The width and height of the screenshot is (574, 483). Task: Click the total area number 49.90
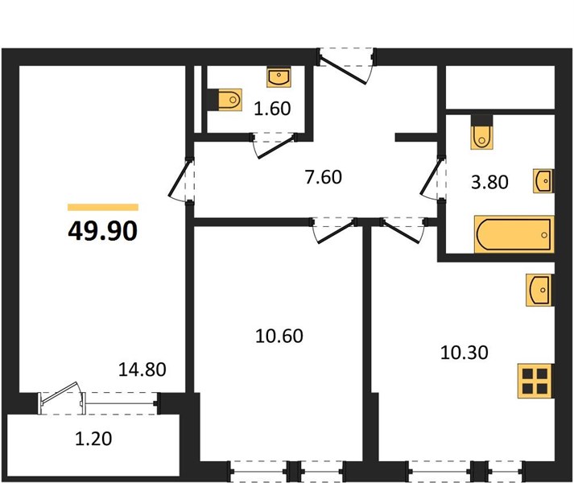(x=103, y=231)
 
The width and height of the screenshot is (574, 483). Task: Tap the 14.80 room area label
(x=142, y=369)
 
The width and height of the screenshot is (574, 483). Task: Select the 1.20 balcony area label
(x=93, y=439)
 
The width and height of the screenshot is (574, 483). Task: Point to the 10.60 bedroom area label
(x=279, y=336)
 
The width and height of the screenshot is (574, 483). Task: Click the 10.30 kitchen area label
(x=465, y=353)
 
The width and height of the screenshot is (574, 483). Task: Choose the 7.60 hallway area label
(x=324, y=177)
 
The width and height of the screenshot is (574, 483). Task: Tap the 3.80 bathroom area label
(x=489, y=182)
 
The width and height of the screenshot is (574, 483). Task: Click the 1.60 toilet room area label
(x=272, y=109)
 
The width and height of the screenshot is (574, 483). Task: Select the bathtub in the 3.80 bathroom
(x=514, y=234)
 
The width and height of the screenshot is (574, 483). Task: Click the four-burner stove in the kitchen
(x=535, y=381)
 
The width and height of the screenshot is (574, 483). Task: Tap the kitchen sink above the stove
(x=539, y=290)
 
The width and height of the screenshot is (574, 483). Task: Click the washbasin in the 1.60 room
(x=279, y=77)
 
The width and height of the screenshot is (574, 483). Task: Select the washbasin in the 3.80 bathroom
(x=543, y=181)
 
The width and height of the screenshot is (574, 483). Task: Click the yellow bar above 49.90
(x=103, y=207)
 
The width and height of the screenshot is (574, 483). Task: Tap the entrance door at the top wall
(x=342, y=70)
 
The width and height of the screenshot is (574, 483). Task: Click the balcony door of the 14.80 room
(x=60, y=394)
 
